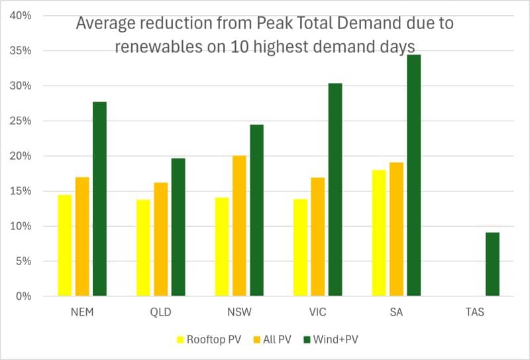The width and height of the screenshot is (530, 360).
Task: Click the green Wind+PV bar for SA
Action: [413, 176]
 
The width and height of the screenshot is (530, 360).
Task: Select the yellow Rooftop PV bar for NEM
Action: [65, 245]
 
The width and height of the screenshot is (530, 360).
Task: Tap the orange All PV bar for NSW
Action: [239, 225]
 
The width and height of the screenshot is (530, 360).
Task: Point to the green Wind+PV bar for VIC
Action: [335, 190]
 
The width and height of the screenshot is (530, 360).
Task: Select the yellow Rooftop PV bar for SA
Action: [379, 233]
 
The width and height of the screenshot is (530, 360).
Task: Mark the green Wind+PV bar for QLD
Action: [178, 227]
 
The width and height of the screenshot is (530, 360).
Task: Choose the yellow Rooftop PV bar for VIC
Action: [301, 247]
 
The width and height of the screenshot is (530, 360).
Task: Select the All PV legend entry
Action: [268, 340]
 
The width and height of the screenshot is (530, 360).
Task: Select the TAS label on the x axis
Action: [474, 312]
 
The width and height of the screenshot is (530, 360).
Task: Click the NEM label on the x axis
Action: [82, 312]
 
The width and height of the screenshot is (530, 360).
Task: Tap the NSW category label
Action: [239, 312]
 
